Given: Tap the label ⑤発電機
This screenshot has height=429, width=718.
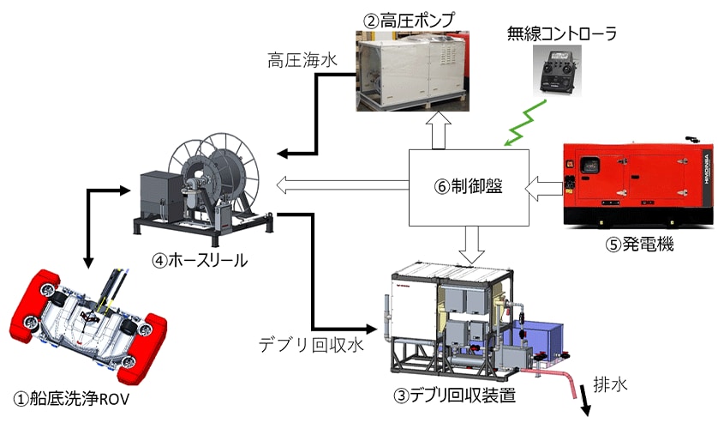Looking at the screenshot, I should [x=639, y=245].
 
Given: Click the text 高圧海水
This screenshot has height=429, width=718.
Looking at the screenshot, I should [x=296, y=60].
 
